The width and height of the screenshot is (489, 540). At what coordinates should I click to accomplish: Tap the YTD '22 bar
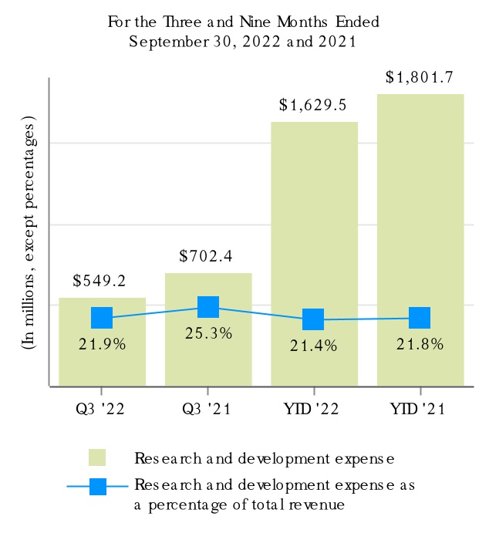pyautogui.click(x=314, y=231)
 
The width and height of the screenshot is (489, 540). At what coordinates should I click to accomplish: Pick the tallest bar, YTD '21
pyautogui.click(x=420, y=216)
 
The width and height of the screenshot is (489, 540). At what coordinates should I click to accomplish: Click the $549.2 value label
pyautogui.click(x=100, y=281)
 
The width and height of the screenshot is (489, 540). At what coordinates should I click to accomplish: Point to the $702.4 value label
pyautogui.click(x=206, y=255)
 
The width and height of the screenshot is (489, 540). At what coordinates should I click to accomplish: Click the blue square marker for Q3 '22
pyautogui.click(x=102, y=317)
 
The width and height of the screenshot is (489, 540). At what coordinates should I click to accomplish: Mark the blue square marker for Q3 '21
pyautogui.click(x=208, y=307)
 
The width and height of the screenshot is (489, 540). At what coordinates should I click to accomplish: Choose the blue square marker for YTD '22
pyautogui.click(x=313, y=319)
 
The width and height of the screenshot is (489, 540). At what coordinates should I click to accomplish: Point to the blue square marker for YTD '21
pyautogui.click(x=420, y=318)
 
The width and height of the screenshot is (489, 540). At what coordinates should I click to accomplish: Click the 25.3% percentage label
pyautogui.click(x=208, y=334)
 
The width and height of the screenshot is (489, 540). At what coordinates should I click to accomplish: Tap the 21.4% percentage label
pyautogui.click(x=314, y=346)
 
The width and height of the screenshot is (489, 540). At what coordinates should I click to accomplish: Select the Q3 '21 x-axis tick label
pyautogui.click(x=208, y=407)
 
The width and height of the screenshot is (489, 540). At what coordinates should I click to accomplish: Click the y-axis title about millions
pyautogui.click(x=29, y=234)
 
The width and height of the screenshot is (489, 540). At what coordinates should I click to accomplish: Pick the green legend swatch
pyautogui.click(x=98, y=458)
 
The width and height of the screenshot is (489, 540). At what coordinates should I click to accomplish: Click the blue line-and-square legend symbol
pyautogui.click(x=98, y=487)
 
